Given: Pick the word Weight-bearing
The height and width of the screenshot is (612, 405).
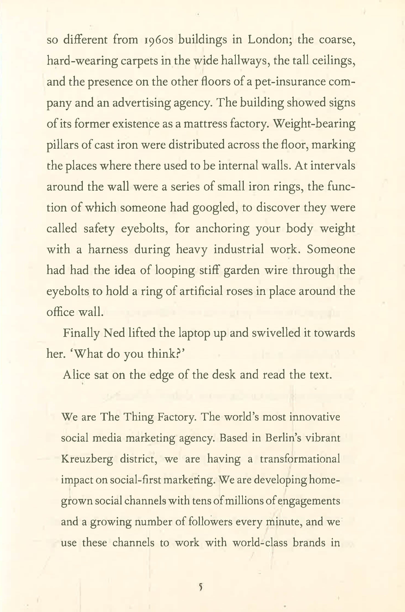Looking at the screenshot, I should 315,124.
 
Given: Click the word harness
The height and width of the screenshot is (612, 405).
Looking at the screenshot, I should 108,250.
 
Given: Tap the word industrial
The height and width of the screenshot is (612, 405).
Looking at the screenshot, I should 239,250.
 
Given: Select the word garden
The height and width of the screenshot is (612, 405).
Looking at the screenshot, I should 241,270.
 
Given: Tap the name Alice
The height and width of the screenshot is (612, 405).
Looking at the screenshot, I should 77,375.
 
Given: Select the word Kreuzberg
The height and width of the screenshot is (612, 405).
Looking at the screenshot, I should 87,459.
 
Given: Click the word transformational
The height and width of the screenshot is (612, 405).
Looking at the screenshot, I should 300,459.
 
